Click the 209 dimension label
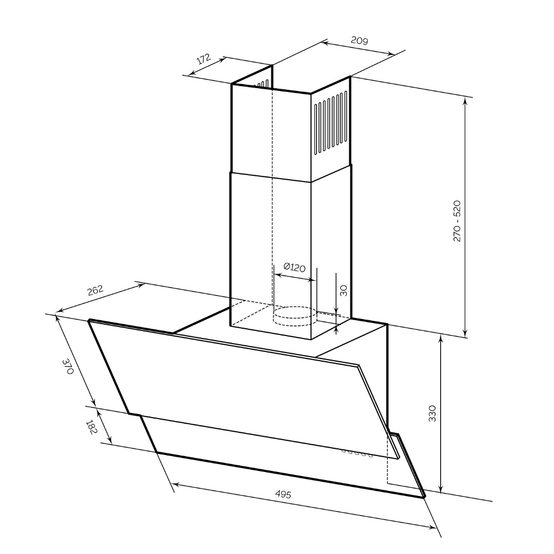(359, 41)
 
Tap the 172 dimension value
(204, 58)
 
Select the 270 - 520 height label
(457, 221)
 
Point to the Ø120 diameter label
(294, 267)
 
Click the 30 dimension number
(343, 290)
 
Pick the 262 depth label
(95, 290)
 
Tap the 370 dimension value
(68, 366)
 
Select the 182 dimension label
(91, 427)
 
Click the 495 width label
(283, 494)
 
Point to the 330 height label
(432, 413)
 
